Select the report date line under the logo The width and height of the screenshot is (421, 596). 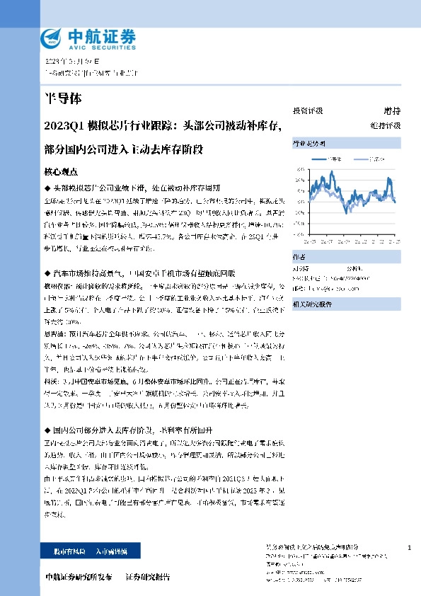(73, 62)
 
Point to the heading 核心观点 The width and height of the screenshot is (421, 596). (61, 171)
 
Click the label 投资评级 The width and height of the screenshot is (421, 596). (308, 111)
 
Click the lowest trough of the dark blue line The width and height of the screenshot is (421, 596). (345, 212)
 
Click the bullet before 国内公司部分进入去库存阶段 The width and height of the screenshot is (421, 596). (47, 430)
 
